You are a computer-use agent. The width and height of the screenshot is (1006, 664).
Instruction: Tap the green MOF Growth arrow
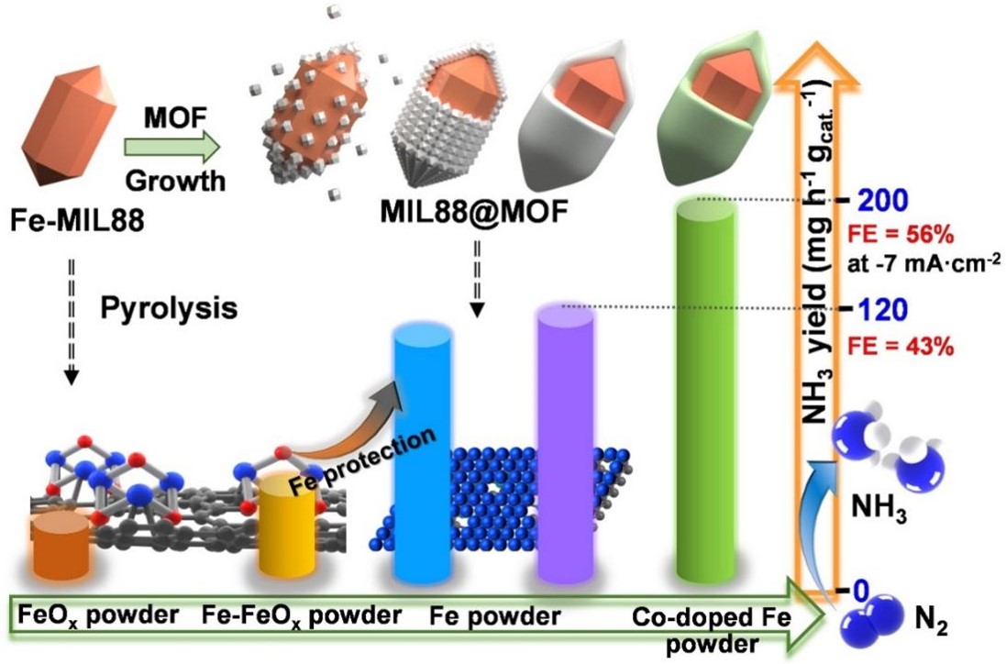click(x=172, y=145)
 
